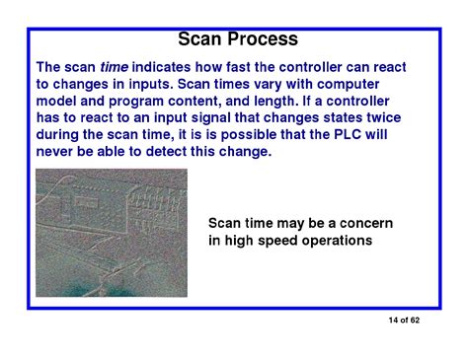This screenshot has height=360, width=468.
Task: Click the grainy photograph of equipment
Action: (111, 231)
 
